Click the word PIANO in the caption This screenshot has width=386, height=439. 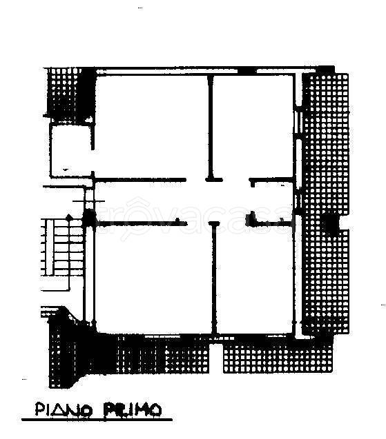pyautogui.click(x=64, y=410)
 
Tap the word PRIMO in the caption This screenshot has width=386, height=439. pyautogui.click(x=132, y=410)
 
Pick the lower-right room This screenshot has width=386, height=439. pyautogui.click(x=255, y=278)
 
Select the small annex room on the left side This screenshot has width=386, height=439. pyautogui.click(x=70, y=151)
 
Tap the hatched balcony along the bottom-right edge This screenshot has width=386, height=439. pyautogui.click(x=278, y=358)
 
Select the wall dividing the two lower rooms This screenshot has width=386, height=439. pyautogui.click(x=215, y=278)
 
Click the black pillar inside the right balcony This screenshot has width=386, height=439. pyautogui.click(x=331, y=223)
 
